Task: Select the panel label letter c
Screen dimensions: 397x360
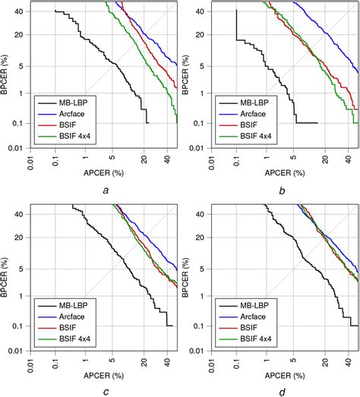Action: coord(103,392)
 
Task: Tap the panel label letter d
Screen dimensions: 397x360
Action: coord(283,392)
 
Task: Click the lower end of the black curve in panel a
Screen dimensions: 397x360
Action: coord(148,123)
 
